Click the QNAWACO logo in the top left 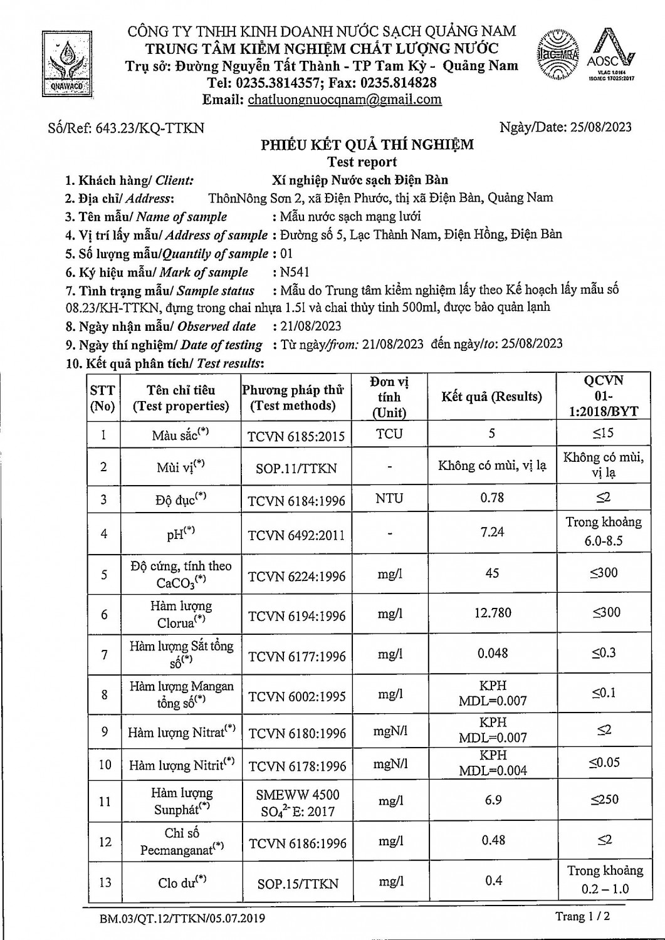(x=66, y=65)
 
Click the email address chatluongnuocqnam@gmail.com (x=345, y=100)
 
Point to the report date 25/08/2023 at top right (x=601, y=127)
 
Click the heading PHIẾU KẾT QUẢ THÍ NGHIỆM (x=367, y=145)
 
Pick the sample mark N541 (x=295, y=272)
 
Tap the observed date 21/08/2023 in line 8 (x=311, y=326)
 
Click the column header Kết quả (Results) (x=491, y=397)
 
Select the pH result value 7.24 (x=492, y=532)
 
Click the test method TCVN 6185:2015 (x=296, y=436)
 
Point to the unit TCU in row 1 (x=389, y=434)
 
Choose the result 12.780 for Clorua (x=493, y=613)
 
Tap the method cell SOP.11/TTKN (x=296, y=468)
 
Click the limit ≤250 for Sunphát (x=604, y=800)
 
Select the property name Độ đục (x=181, y=499)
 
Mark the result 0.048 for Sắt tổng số (x=493, y=653)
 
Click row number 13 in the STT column (x=105, y=882)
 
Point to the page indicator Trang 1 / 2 (x=582, y=916)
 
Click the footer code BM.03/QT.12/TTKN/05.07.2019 (x=182, y=919)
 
